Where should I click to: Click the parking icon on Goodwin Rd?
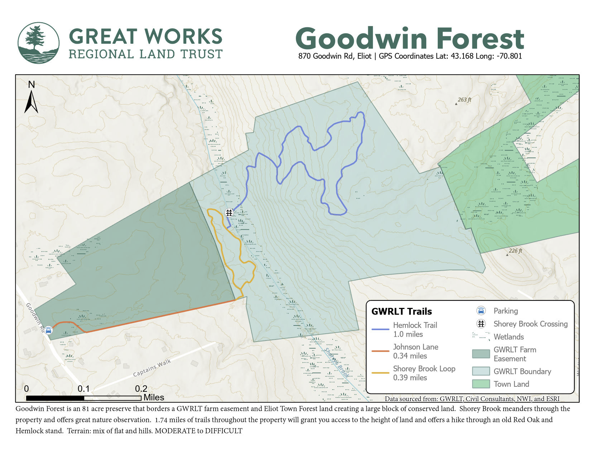48,330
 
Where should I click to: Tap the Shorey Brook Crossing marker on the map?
229,213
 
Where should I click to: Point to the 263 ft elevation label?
464,100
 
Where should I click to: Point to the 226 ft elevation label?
515,251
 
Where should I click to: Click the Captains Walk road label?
152,368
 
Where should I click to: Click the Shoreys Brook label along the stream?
336,362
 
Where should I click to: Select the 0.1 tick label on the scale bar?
83,389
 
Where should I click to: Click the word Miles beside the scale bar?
154,398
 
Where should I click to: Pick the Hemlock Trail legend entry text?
415,325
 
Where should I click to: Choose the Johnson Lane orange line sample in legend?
380,351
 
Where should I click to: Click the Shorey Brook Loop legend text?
424,369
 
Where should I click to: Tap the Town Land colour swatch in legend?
481,384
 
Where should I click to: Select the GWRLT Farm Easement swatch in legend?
481,354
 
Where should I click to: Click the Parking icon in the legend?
481,311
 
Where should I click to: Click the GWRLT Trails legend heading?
402,311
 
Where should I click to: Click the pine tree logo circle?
38,43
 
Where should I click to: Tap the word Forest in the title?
480,39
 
